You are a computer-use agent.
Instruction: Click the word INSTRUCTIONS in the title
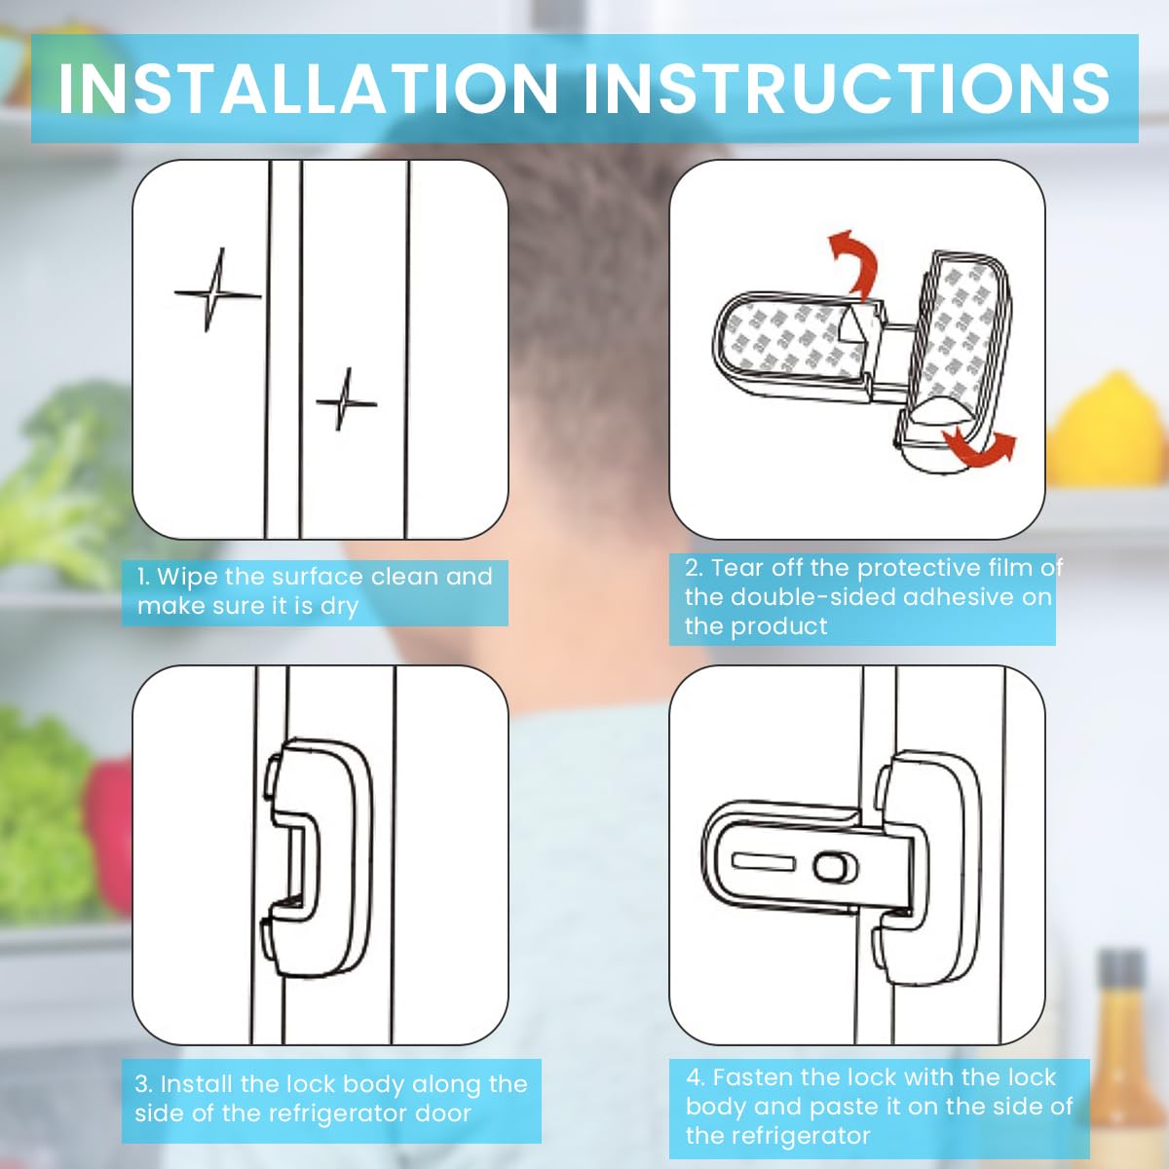coord(847,89)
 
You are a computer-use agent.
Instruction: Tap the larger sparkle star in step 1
coord(216,291)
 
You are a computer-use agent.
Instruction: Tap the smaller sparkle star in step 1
coord(345,399)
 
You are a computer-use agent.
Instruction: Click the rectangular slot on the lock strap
coord(764,862)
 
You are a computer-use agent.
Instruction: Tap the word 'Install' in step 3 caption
coord(196,1084)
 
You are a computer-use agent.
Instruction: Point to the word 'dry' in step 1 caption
coord(339,607)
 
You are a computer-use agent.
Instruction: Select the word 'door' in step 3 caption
coord(443,1113)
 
